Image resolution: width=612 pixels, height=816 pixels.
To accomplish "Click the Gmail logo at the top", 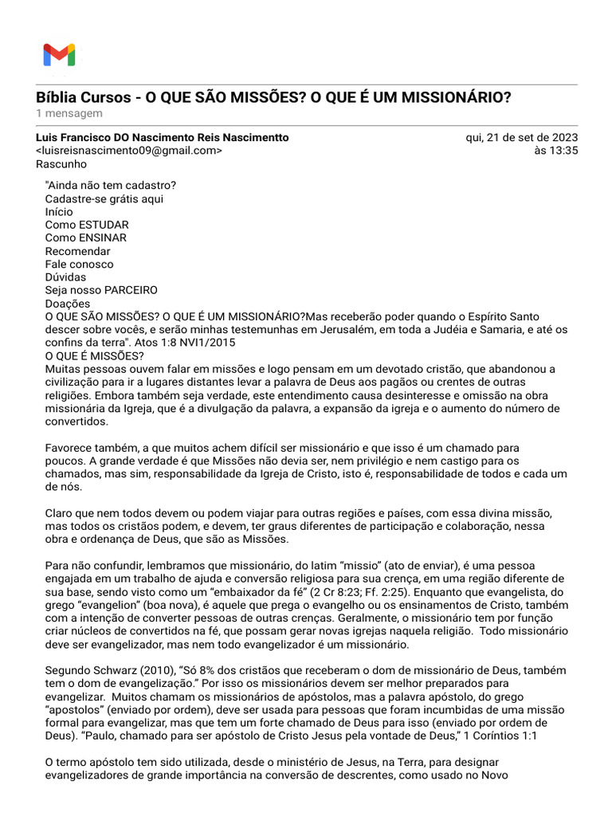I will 59,55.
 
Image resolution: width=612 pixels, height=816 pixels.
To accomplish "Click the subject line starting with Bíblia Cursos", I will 273,97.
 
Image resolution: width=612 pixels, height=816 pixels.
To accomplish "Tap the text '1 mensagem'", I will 69,114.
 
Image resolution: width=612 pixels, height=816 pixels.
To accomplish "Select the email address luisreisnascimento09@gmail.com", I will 130,151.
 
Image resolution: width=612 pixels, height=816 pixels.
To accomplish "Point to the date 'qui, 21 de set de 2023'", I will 521,138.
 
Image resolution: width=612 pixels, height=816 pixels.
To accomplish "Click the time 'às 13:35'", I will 558,151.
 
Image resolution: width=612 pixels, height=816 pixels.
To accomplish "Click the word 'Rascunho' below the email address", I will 61,164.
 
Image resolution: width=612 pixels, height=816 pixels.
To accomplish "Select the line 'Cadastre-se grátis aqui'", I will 104,198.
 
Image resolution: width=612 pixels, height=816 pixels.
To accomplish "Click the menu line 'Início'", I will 59,212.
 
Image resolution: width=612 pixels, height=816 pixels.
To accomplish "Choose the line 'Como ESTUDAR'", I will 87,225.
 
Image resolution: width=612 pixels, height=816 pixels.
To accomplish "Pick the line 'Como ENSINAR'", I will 86,237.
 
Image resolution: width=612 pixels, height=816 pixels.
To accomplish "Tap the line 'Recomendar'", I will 78,251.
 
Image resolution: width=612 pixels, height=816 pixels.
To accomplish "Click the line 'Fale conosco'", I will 80,264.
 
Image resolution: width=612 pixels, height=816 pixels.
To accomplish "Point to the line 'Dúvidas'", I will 65,277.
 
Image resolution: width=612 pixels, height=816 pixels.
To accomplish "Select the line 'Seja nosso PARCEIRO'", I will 101,290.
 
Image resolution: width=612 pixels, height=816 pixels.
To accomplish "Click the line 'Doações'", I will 68,304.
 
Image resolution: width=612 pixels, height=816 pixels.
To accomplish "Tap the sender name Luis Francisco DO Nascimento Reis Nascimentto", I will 163,138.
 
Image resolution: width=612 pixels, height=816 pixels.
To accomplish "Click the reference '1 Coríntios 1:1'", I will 500,736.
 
